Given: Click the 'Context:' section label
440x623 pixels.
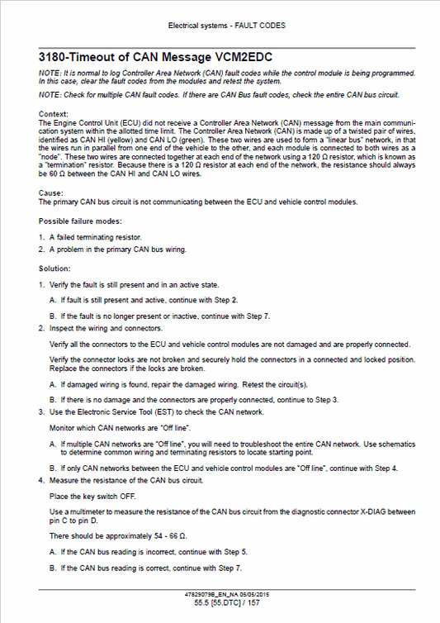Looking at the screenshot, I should pyautogui.click(x=54, y=114).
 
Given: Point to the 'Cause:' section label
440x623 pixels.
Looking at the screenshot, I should pyautogui.click(x=50, y=193).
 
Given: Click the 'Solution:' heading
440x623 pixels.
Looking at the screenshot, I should pyautogui.click(x=54, y=269).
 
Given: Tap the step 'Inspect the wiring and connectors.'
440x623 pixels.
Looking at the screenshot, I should pyautogui.click(x=109, y=328).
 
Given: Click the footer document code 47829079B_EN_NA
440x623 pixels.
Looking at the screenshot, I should pyautogui.click(x=213, y=594).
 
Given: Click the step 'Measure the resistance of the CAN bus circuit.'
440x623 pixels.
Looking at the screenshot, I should pyautogui.click(x=129, y=479).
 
